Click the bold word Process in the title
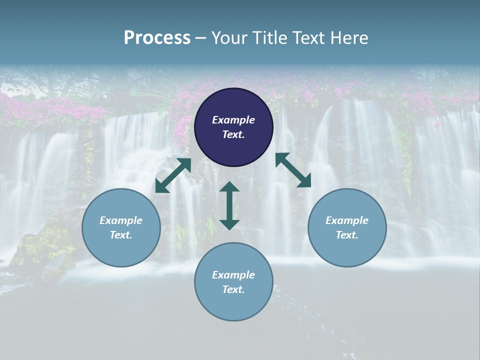click(x=157, y=38)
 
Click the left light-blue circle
click(x=121, y=250)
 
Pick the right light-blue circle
click(x=347, y=250)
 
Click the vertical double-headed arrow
click(x=229, y=205)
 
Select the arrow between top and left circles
click(x=173, y=175)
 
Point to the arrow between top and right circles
click(x=293, y=170)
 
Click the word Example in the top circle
click(x=233, y=120)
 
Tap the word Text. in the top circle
click(x=233, y=134)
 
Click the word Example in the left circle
click(x=121, y=220)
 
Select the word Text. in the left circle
click(x=121, y=235)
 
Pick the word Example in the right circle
click(x=347, y=220)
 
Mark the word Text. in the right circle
click(x=347, y=235)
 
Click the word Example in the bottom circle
click(x=233, y=275)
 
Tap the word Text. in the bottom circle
click(x=233, y=289)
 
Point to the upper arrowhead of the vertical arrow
click(x=229, y=187)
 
